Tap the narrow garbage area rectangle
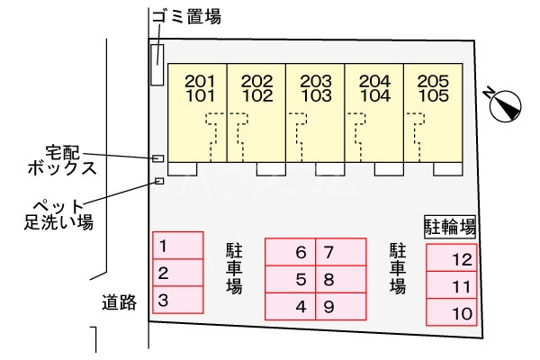pyautogui.click(x=157, y=66)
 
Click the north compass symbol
pyautogui.click(x=503, y=103)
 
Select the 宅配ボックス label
pyautogui.click(x=73, y=159)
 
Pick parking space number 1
pyautogui.click(x=163, y=245)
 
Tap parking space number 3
pyautogui.click(x=163, y=300)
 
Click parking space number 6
pyautogui.click(x=301, y=253)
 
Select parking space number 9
pyautogui.click(x=329, y=307)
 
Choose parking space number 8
pyautogui.click(x=329, y=280)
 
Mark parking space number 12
pyautogui.click(x=462, y=260)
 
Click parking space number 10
pyautogui.click(x=462, y=314)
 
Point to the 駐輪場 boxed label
pyautogui.click(x=450, y=226)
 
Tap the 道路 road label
pyautogui.click(x=119, y=302)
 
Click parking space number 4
pyautogui.click(x=301, y=307)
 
